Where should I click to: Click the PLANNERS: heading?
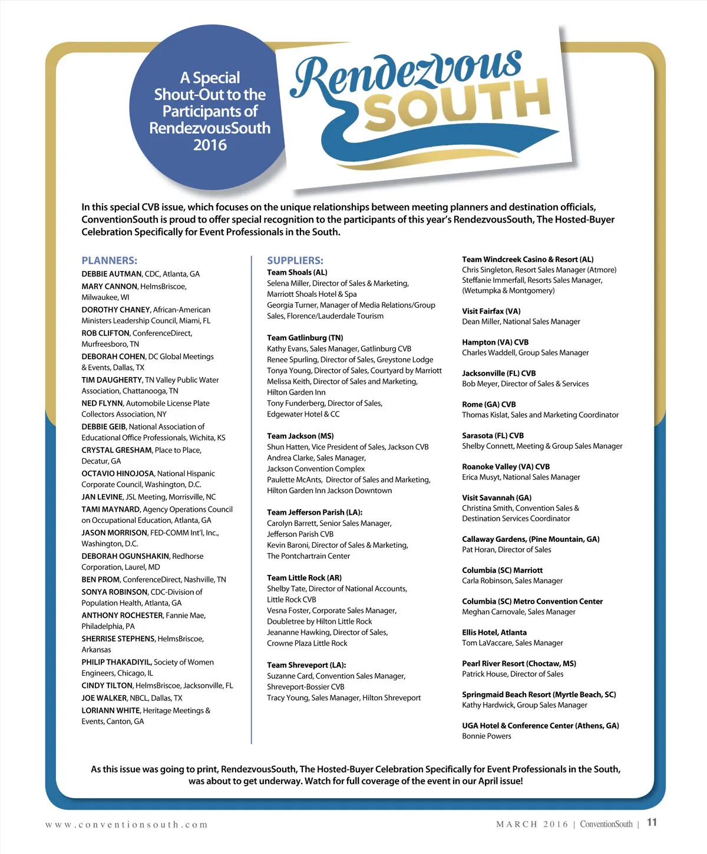(x=109, y=260)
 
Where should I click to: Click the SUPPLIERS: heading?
(x=295, y=260)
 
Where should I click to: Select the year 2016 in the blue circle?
(x=210, y=145)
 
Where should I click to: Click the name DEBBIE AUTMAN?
(x=111, y=274)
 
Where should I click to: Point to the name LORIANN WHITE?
(x=111, y=710)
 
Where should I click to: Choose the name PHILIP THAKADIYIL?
(x=116, y=662)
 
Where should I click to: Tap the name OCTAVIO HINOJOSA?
(x=118, y=474)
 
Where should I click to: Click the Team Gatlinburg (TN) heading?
(x=305, y=337)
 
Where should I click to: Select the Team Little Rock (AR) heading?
(x=304, y=578)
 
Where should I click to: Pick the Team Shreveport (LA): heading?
(x=306, y=665)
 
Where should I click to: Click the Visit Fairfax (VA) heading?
(x=491, y=311)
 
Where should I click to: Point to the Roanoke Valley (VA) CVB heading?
(x=506, y=466)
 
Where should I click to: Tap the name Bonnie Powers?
(x=486, y=736)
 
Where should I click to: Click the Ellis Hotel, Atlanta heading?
(x=494, y=632)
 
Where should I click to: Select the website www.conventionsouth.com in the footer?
(x=126, y=825)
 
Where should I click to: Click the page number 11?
(x=652, y=823)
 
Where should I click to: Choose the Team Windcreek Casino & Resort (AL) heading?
(x=527, y=259)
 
